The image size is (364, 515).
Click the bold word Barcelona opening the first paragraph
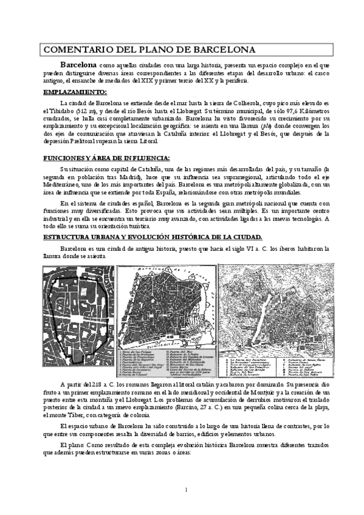tap(78, 64)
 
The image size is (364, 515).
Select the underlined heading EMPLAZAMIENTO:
tap(75, 92)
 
